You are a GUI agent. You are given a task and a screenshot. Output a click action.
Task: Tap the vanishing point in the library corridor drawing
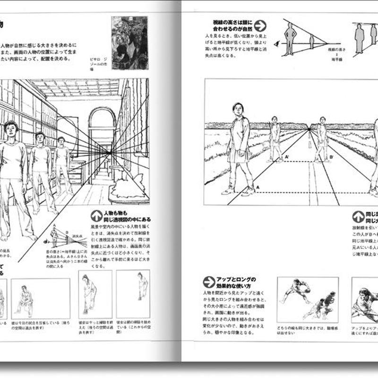110,153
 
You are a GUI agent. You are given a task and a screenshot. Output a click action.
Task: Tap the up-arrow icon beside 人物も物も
96,216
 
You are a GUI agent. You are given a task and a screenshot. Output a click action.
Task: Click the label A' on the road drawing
287,157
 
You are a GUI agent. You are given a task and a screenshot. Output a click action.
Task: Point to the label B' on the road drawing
331,157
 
